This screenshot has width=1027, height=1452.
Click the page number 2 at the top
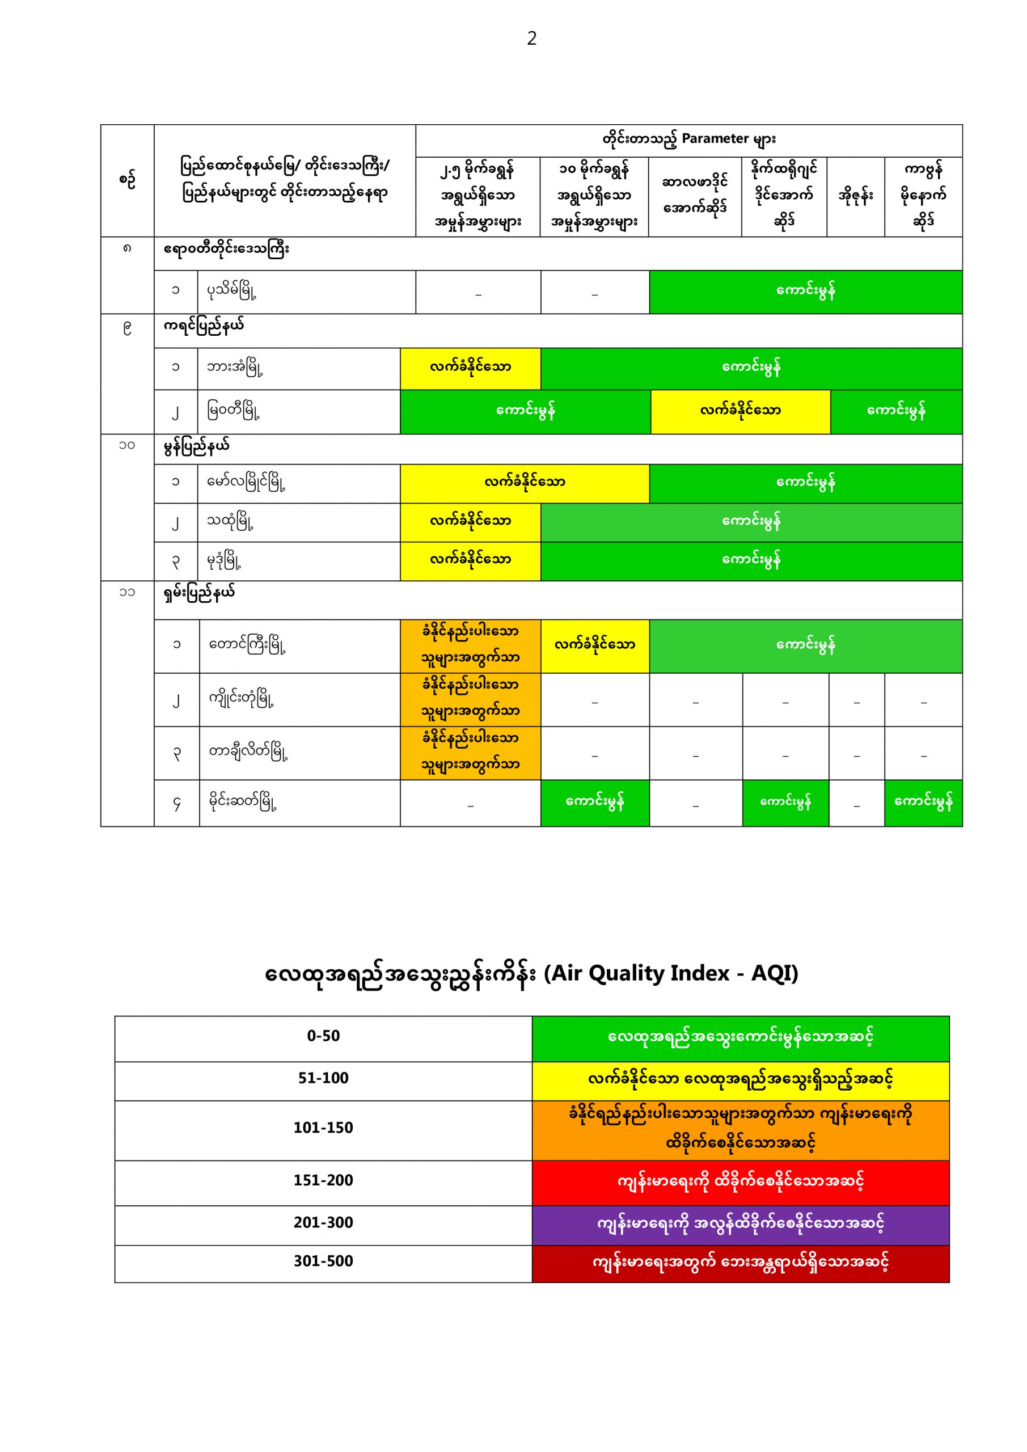click(x=531, y=39)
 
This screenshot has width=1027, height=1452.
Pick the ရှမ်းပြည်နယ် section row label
click(x=199, y=593)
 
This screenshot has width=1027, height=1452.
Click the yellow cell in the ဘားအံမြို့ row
click(x=470, y=368)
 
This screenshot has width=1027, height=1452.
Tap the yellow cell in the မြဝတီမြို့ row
click(x=740, y=411)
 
